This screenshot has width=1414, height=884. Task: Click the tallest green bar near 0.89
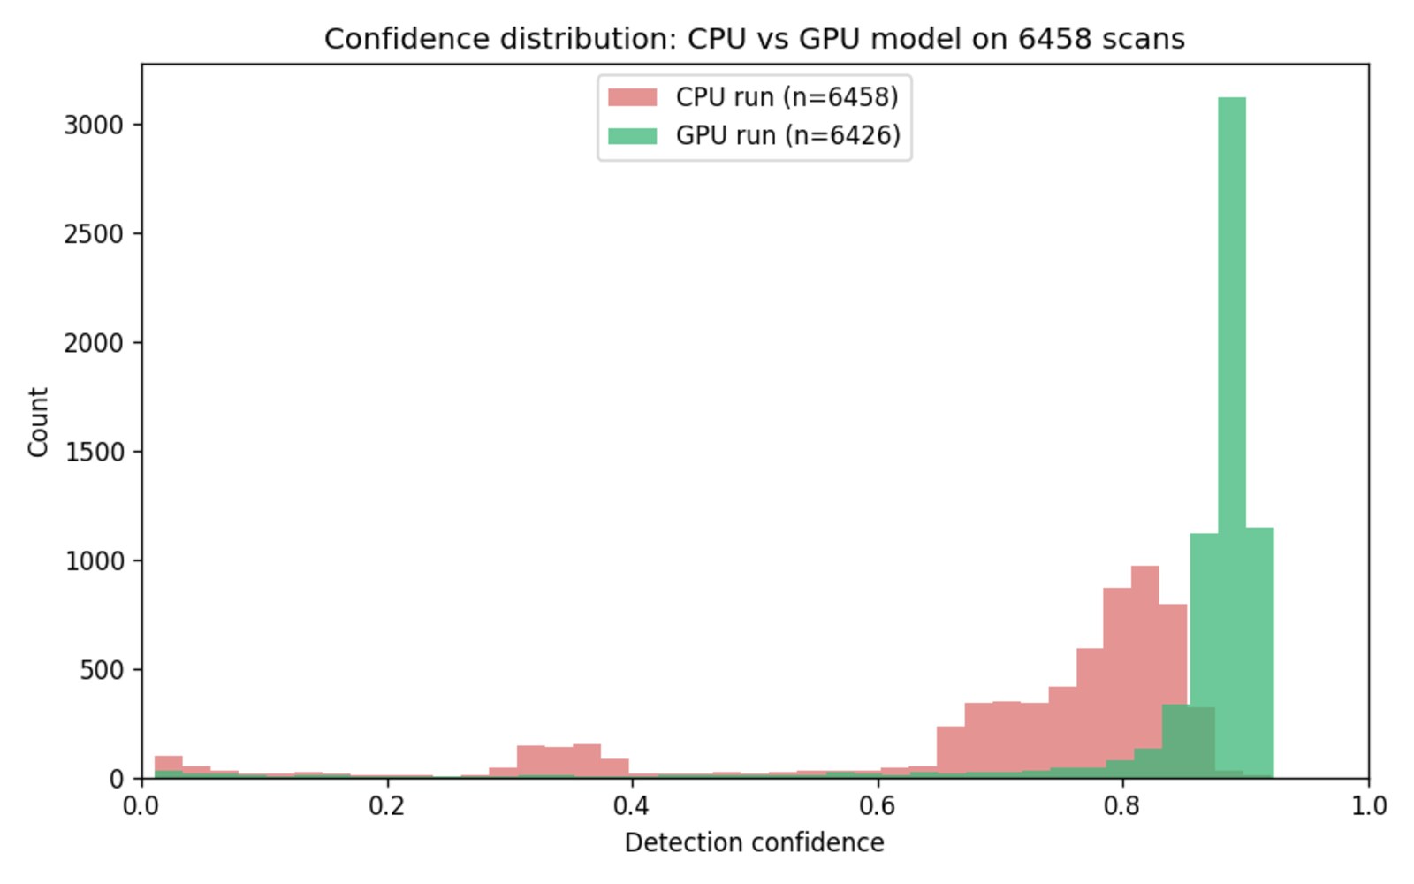coord(1231,442)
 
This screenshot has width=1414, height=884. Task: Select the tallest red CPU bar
coord(1144,672)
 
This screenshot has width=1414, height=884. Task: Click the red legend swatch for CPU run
coord(632,97)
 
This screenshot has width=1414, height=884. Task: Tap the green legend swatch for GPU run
coord(632,135)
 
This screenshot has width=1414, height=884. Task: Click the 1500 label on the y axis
coord(93,452)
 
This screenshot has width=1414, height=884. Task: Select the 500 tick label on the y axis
coord(101,670)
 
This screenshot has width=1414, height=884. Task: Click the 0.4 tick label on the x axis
coord(632,806)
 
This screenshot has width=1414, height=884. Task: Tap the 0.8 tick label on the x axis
coord(1123,806)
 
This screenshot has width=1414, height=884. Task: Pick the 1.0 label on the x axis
coord(1368,806)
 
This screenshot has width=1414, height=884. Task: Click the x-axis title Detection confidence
coord(754,843)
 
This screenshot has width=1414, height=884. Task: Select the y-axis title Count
coord(38,422)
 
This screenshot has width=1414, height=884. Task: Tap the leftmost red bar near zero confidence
coord(168,766)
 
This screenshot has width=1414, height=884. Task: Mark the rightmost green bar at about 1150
coord(1259,654)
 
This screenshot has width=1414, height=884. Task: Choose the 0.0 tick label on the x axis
coord(141,806)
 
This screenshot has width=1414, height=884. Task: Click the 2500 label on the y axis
coord(93,234)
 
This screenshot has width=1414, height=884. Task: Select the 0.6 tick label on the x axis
coord(878,806)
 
